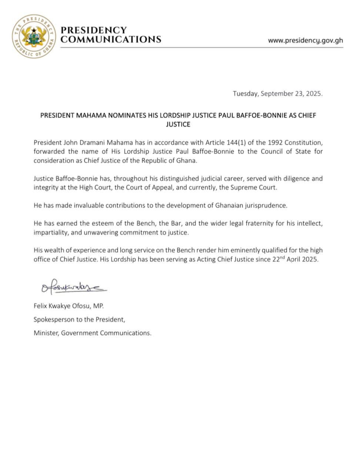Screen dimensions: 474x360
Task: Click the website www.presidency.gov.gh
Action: pyautogui.click(x=305, y=40)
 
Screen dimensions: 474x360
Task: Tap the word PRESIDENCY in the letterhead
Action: pyautogui.click(x=93, y=30)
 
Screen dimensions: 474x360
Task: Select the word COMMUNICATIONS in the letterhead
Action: pyautogui.click(x=110, y=39)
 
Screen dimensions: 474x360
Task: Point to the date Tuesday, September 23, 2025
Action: pyautogui.click(x=277, y=94)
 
